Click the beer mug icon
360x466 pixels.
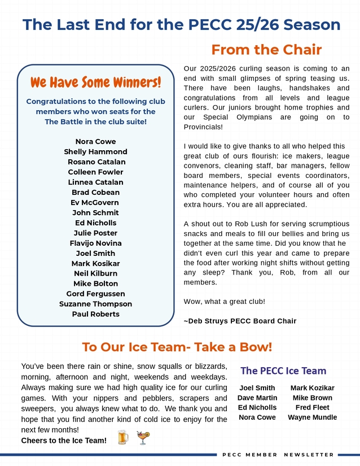pos(123,438)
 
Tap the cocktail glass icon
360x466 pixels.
pos(143,438)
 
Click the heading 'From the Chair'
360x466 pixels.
pos(266,50)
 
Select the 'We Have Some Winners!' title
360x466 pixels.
pos(96,82)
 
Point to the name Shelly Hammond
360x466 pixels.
pos(95,152)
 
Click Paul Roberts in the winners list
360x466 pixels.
pos(95,314)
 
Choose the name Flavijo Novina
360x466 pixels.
pos(95,243)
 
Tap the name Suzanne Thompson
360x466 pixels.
pos(95,304)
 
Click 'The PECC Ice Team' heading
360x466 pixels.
pos(283,371)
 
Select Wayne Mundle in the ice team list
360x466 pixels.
pos(312,417)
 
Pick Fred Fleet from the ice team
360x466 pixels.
pos(312,407)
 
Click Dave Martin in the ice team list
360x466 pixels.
pos(257,398)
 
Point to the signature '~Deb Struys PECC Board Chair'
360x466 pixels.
pos(240,321)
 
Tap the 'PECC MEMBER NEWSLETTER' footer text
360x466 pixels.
pos(278,455)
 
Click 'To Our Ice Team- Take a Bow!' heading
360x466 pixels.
pos(177,346)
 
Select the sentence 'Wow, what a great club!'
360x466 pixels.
pos(225,302)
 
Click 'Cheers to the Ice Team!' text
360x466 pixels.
pos(64,441)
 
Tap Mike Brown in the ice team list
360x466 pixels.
pos(312,398)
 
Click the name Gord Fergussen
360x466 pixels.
pos(95,294)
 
